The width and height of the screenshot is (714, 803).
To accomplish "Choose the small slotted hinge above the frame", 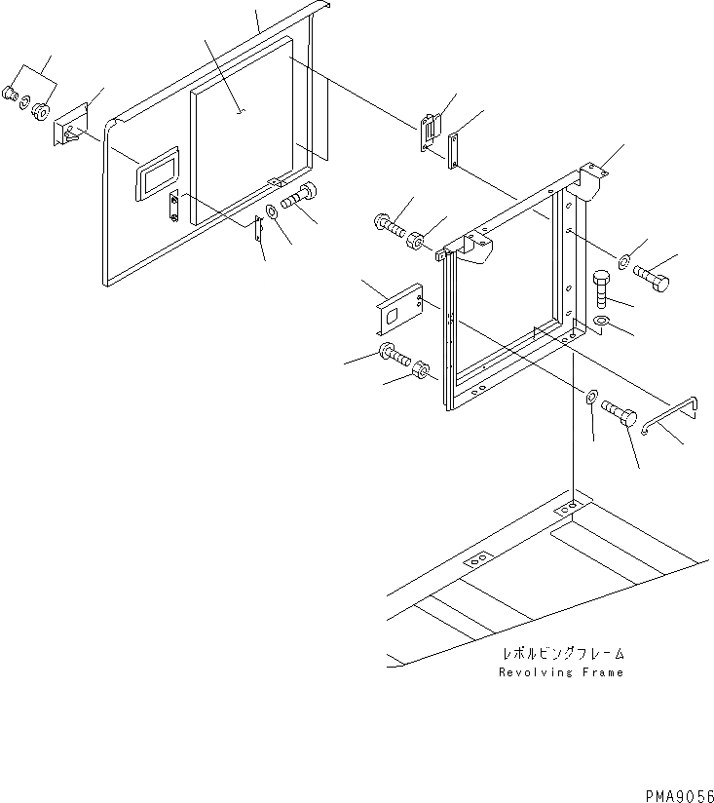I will tap(430, 130).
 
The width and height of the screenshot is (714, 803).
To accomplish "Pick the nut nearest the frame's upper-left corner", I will tap(414, 239).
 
